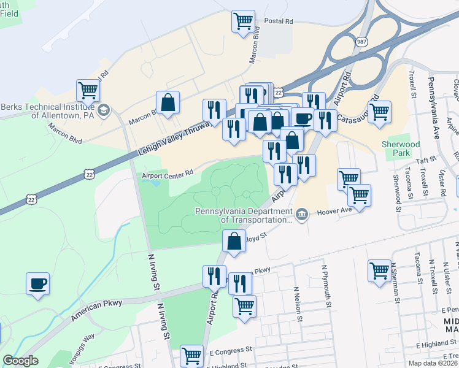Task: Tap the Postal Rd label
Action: pos(279,21)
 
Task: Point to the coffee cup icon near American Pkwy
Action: pos(38,284)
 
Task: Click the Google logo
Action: pos(20,361)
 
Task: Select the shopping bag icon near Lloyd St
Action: pos(234,240)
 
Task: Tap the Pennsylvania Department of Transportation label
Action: pos(244,215)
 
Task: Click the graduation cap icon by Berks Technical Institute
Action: pos(104,109)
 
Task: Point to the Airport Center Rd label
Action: pos(168,174)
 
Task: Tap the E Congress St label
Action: pos(230,351)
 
